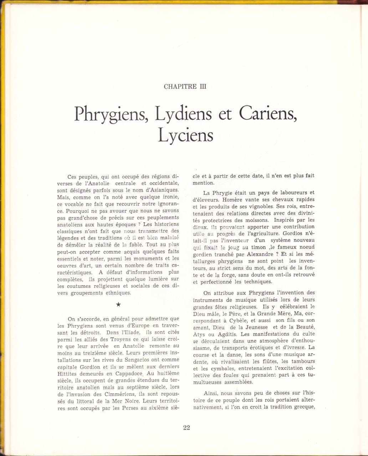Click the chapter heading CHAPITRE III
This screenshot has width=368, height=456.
pos(185,86)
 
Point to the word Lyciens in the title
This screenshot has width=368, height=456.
pos(185,136)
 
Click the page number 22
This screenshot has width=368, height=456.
pos(186,428)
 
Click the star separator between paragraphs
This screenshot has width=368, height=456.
pos(118,304)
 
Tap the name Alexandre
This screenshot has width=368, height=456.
pos(249,254)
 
